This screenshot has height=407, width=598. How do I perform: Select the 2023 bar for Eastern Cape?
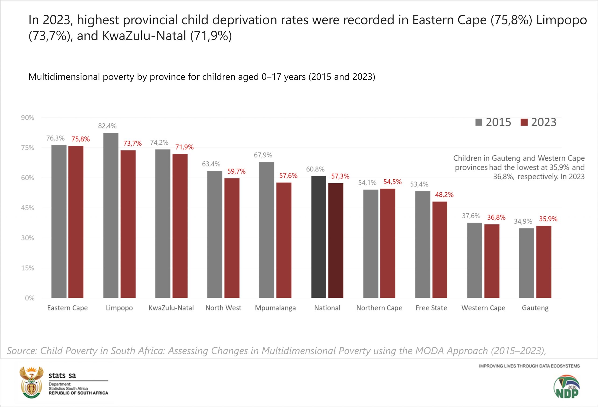pyautogui.click(x=76, y=222)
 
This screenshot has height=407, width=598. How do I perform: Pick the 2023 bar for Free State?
pyautogui.click(x=440, y=250)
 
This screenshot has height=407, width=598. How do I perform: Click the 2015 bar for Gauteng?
pyautogui.click(x=527, y=263)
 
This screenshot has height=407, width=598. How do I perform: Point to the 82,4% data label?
pyautogui.click(x=107, y=126)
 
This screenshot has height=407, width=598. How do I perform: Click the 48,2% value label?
pyautogui.click(x=444, y=195)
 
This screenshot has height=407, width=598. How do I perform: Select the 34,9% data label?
pyautogui.click(x=523, y=221)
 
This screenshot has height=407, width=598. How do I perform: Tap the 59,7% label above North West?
pyautogui.click(x=236, y=171)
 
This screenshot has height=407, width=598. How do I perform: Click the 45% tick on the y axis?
pyautogui.click(x=28, y=208)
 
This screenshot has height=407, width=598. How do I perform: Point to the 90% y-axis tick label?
pyautogui.click(x=28, y=118)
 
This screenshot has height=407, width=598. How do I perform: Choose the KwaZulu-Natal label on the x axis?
pyautogui.click(x=171, y=308)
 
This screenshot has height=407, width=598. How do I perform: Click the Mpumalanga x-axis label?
pyautogui.click(x=275, y=308)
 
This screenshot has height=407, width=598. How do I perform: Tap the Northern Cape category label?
pyautogui.click(x=379, y=308)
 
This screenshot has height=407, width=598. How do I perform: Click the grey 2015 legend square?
pyautogui.click(x=479, y=122)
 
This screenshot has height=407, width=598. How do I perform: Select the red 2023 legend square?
pyautogui.click(x=524, y=122)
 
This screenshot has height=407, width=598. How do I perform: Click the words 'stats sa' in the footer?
pyautogui.click(x=62, y=375)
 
